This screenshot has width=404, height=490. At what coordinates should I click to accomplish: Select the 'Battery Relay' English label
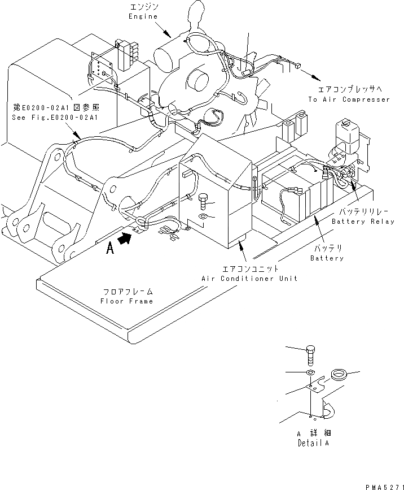tap(363, 222)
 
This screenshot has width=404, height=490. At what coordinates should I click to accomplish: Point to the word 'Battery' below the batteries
tap(327, 258)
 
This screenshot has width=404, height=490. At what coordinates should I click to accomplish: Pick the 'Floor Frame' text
tap(127, 301)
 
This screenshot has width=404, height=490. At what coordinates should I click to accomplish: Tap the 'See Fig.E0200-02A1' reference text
tap(55, 118)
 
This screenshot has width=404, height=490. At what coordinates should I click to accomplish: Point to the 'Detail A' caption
tap(313, 443)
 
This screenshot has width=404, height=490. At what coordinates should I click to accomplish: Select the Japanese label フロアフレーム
tap(128, 292)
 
